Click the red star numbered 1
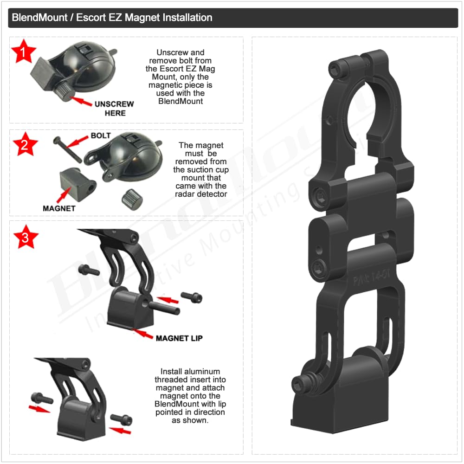[x=23, y=52]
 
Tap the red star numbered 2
[x=25, y=145]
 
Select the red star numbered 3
[x=26, y=237]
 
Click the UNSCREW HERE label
[x=115, y=109]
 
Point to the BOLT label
[x=101, y=135]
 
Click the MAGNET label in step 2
[x=59, y=208]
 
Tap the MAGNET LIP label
[x=179, y=338]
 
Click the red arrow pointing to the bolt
[x=77, y=142]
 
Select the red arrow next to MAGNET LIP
[x=142, y=333]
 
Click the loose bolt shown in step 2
[x=67, y=149]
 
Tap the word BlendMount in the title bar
[x=39, y=18]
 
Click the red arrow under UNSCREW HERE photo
[x=81, y=101]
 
